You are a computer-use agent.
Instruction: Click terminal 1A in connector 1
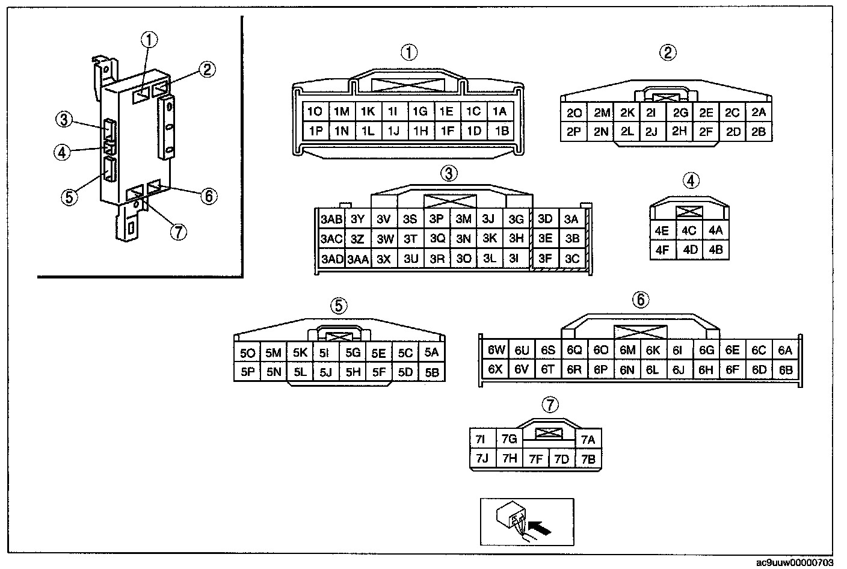(x=499, y=111)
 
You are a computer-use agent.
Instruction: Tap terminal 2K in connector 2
(x=627, y=112)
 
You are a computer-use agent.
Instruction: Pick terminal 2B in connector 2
(x=759, y=132)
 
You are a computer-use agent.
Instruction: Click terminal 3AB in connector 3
(x=331, y=219)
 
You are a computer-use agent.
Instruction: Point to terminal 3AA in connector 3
(x=357, y=259)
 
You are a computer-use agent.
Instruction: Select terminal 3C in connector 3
(x=571, y=259)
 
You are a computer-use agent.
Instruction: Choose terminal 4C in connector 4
(x=689, y=230)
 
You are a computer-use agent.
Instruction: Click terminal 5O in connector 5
(x=247, y=353)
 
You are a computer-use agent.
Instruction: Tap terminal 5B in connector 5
(x=431, y=372)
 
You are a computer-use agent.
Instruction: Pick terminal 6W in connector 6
(x=495, y=350)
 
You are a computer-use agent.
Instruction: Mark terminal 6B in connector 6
(x=786, y=370)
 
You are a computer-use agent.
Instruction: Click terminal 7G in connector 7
(x=509, y=439)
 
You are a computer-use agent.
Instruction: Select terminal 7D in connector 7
(x=561, y=460)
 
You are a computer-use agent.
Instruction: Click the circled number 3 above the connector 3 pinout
(x=448, y=173)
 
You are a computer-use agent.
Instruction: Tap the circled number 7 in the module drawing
(x=179, y=231)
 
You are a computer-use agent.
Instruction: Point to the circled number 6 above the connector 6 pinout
(x=641, y=299)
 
